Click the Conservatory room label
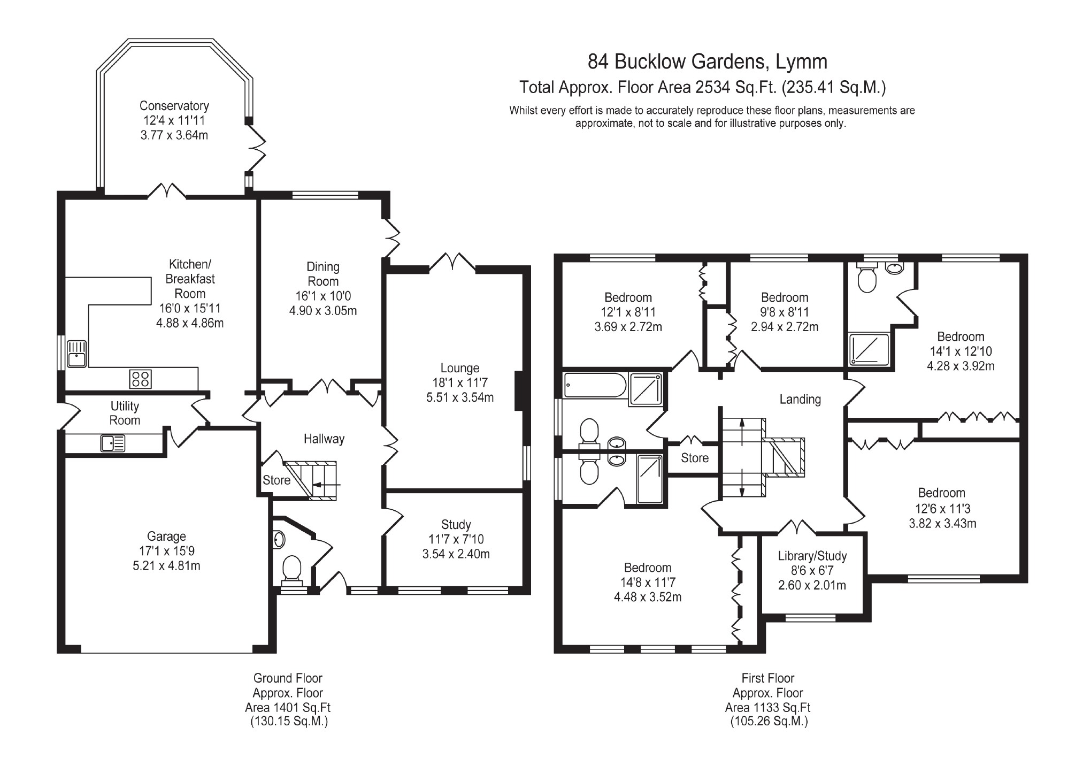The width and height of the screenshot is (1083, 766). [174, 106]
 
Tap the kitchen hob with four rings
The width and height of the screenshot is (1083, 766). [140, 379]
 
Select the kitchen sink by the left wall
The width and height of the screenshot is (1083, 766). [77, 354]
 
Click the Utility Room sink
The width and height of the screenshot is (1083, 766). [113, 443]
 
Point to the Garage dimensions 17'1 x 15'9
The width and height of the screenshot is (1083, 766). [166, 551]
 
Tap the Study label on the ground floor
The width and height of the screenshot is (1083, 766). [456, 525]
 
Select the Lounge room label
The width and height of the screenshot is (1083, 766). [459, 368]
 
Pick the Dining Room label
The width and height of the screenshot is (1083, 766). [323, 274]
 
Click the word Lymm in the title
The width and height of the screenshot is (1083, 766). [801, 62]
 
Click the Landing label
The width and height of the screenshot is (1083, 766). [800, 400]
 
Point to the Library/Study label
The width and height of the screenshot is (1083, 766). [812, 556]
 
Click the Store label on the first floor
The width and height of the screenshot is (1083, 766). [694, 458]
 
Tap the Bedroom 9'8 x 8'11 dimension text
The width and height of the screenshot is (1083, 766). [785, 312]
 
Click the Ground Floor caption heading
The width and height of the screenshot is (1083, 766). [288, 678]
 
